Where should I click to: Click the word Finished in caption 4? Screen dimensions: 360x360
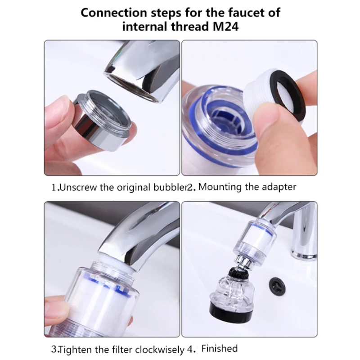coord(219,348)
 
